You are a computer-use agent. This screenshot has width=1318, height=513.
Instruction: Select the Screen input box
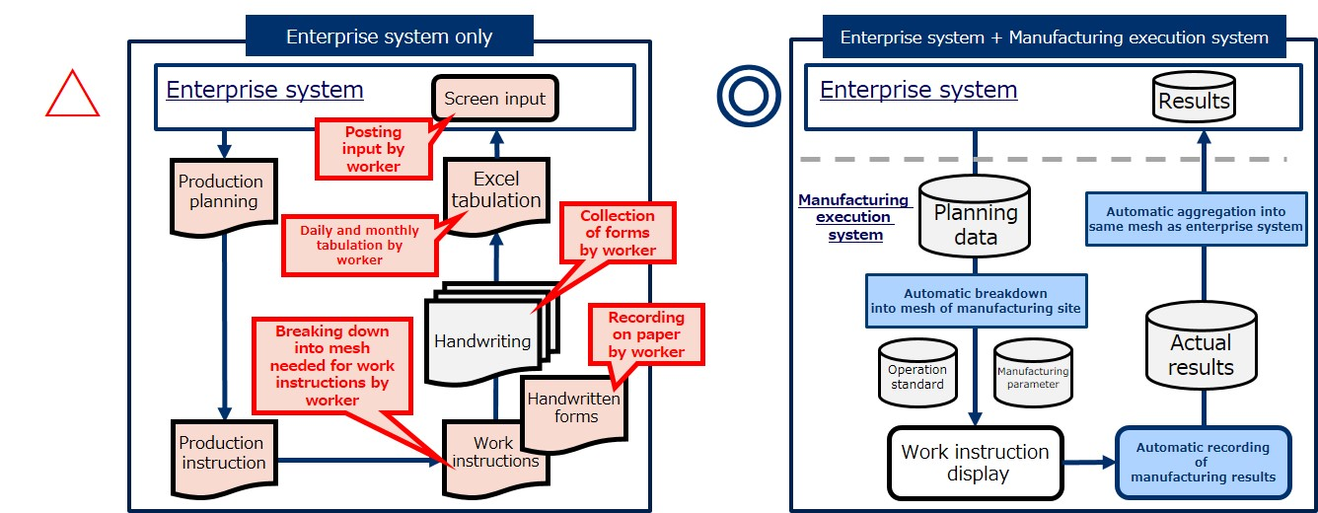495,99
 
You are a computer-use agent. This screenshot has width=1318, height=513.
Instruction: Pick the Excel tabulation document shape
496,194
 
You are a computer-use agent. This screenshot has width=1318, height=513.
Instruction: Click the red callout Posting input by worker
374,149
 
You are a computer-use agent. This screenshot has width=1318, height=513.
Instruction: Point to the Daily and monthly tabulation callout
359,245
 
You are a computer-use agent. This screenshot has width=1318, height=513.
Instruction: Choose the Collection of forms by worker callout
618,233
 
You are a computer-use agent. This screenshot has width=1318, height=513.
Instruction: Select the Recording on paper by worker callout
646,334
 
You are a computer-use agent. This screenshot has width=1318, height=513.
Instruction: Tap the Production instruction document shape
224,457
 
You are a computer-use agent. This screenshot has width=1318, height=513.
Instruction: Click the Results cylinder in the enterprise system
1194,97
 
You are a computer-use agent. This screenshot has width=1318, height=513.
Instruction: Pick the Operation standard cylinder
917,373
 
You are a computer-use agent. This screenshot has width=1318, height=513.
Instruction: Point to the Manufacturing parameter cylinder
1033,373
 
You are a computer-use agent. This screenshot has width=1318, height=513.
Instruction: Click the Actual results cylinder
1201,346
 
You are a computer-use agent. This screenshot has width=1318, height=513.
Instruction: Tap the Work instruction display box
975,463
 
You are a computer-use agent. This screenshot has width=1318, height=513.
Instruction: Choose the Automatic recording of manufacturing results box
1204,463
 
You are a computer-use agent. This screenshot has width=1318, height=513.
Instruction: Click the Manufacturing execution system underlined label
855,217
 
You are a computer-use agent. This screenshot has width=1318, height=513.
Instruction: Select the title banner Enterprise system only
390,36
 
